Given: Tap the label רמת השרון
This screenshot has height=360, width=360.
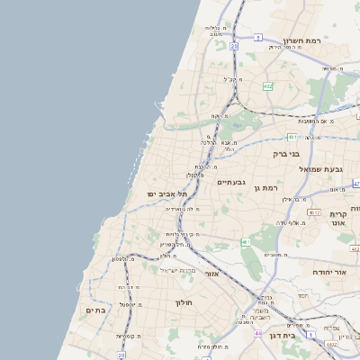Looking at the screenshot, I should tap(302, 41).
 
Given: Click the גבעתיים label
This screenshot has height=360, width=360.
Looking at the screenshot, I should tap(231, 182).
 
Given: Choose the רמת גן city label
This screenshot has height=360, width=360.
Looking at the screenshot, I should tap(268, 187).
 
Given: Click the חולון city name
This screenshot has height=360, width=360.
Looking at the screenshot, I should tap(184, 302).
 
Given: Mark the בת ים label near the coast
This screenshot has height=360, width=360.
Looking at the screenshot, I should tap(96, 310).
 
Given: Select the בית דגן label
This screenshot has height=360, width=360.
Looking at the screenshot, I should tap(282, 335).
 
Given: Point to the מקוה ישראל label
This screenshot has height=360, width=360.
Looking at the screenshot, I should tap(177, 270).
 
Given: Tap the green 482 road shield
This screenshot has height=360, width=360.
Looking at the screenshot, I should tap(267, 86).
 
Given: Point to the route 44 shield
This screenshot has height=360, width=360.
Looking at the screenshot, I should tap(257, 334).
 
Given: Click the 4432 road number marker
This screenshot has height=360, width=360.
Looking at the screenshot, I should tap(330, 343).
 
